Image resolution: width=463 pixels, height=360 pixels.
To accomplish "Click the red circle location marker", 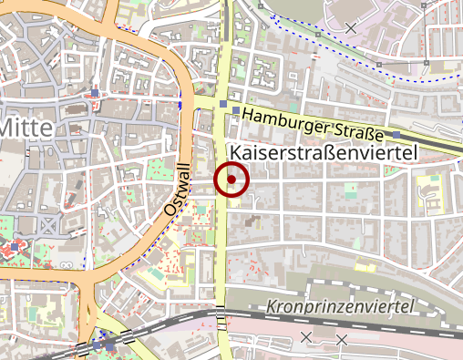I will click(231, 180).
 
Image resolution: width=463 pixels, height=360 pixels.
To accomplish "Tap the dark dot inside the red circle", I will click(231, 180).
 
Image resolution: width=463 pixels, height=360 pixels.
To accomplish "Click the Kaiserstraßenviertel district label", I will click(324, 153).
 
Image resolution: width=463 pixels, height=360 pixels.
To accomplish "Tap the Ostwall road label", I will click(177, 190).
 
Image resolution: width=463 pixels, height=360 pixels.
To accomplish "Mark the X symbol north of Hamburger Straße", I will click(351, 27).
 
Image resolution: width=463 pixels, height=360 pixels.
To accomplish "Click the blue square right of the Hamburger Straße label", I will click(396, 136).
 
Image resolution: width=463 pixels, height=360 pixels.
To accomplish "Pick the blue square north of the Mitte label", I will click(95, 93).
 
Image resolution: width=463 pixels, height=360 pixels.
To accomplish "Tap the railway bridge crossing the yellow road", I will click(221, 318).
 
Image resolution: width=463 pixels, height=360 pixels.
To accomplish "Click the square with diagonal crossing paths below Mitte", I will click(47, 222).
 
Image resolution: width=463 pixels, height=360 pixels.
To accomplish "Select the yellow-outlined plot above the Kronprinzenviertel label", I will click(365, 268).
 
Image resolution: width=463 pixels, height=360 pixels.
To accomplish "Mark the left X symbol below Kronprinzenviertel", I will click(307, 336).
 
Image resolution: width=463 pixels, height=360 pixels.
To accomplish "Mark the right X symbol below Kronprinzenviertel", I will click(342, 340).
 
